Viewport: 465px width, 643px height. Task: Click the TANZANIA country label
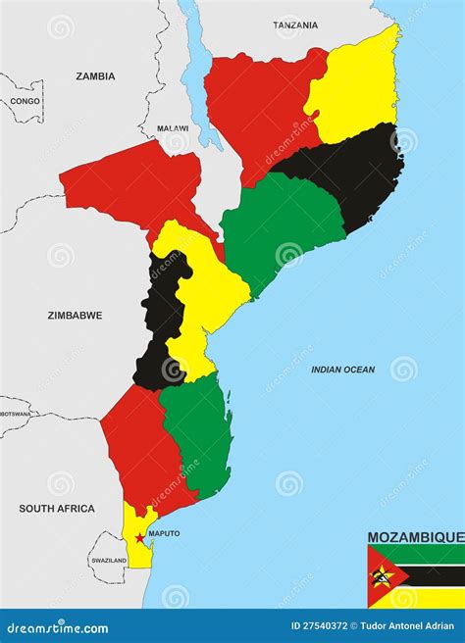click(295, 25)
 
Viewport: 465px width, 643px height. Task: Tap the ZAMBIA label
click(95, 75)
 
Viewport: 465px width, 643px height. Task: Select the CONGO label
click(26, 101)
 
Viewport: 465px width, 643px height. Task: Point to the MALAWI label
click(173, 128)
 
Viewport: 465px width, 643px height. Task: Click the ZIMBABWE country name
click(75, 316)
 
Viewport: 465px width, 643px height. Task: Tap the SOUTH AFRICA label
click(57, 509)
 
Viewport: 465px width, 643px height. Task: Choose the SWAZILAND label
click(108, 560)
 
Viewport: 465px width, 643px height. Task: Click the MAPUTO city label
click(164, 534)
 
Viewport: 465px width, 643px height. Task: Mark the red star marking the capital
click(140, 538)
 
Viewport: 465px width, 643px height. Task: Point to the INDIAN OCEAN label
click(342, 370)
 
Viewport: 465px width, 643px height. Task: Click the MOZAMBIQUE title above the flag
click(415, 537)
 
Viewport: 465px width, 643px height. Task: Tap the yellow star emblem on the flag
click(382, 576)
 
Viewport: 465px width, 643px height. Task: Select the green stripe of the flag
click(432, 554)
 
